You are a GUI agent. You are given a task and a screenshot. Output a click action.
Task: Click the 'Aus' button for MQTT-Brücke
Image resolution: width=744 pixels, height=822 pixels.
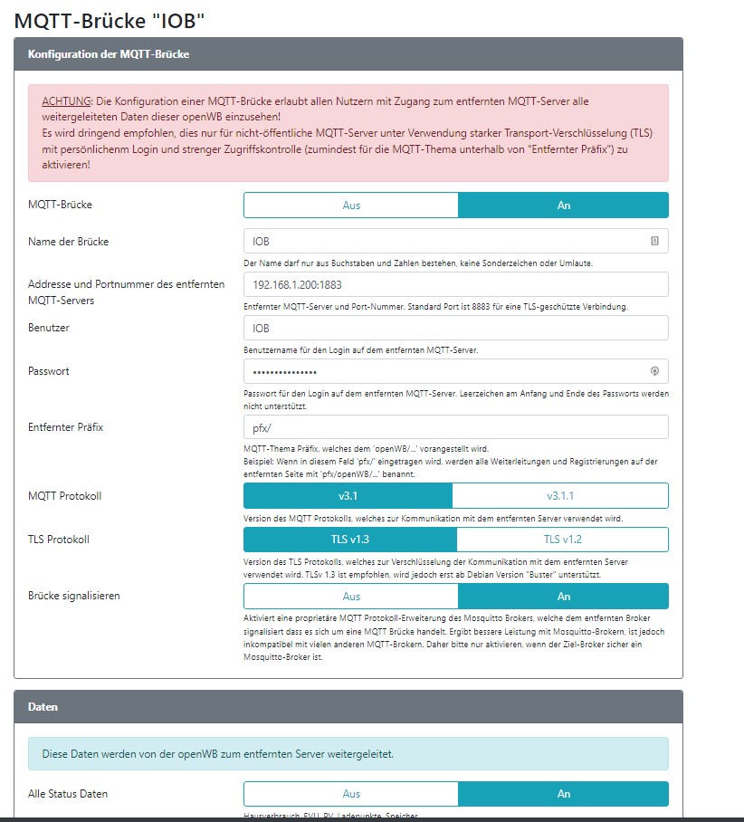[351, 205]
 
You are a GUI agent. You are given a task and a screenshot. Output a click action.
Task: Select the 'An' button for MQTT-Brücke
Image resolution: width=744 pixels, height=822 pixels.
[563, 205]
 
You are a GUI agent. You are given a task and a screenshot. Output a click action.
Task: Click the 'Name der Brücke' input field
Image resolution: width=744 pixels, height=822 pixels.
[444, 242]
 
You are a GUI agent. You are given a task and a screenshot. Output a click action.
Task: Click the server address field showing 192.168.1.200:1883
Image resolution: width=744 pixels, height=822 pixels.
[455, 285]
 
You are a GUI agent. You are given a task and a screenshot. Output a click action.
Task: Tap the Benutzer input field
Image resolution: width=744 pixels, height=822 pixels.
[455, 329]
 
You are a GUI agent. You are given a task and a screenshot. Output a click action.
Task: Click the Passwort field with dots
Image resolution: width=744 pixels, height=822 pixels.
[444, 372]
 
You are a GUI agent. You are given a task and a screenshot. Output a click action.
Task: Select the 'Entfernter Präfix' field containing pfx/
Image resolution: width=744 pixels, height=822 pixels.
[455, 427]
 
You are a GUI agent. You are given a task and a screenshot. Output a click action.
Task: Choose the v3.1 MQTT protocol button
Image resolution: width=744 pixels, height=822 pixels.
[348, 496]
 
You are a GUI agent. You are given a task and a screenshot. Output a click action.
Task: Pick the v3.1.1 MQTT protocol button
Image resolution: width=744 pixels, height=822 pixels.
[560, 496]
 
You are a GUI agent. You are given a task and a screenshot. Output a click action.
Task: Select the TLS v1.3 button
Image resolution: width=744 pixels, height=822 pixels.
[350, 540]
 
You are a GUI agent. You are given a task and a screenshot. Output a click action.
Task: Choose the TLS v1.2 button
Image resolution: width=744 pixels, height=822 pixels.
[562, 540]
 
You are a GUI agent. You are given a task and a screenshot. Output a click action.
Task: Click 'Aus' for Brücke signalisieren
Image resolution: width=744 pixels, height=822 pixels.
[351, 597]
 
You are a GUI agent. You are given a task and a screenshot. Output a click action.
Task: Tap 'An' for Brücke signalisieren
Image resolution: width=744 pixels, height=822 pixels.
[563, 597]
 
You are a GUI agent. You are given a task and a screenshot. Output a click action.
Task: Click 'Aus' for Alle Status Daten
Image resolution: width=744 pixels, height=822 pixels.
[351, 794]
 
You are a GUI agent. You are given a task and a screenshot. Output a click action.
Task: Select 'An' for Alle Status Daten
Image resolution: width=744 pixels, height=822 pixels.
[563, 794]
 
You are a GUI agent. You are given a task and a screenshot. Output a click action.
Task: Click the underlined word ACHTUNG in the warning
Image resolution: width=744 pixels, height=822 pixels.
[67, 101]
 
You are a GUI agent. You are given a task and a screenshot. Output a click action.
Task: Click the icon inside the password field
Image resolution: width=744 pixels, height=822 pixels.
[654, 371]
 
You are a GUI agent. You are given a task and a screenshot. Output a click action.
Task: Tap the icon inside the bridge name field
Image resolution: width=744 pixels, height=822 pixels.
[654, 242]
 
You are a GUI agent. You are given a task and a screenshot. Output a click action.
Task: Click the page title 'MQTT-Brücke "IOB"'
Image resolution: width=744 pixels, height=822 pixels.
[104, 20]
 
